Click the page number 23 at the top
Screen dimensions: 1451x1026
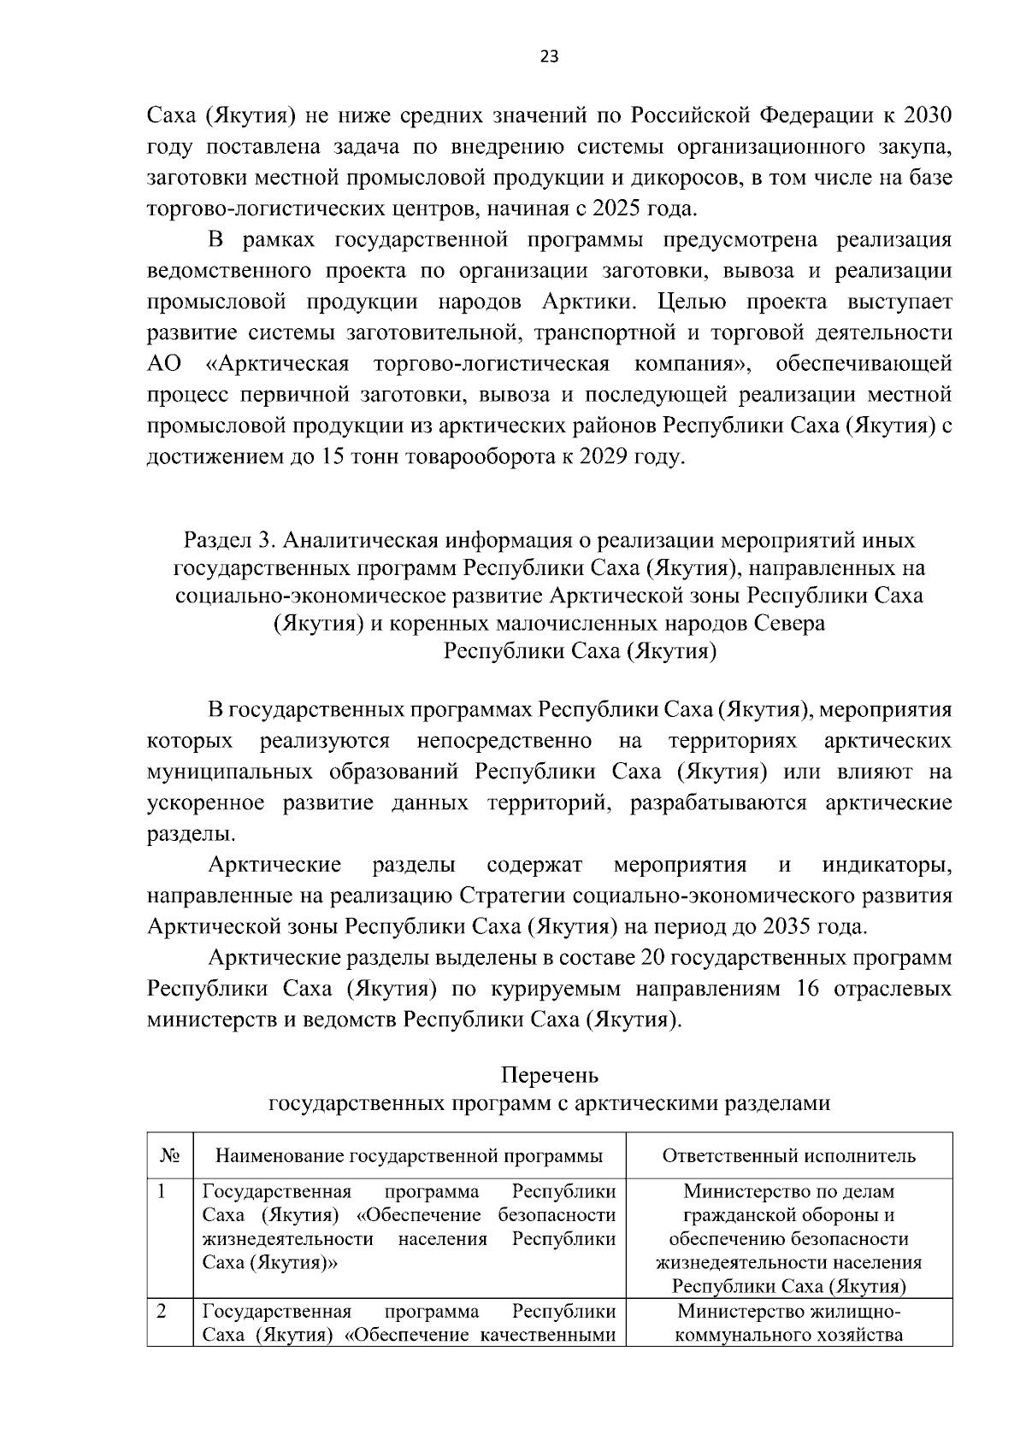[549, 57]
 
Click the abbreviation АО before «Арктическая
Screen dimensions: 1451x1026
[164, 364]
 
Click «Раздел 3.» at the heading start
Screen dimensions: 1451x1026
[229, 541]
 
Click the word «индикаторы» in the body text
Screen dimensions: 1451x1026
[887, 866]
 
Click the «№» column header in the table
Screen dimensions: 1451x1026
[169, 1156]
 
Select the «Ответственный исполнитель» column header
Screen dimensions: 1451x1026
[788, 1156]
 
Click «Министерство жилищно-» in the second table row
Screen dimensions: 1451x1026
[788, 1312]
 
